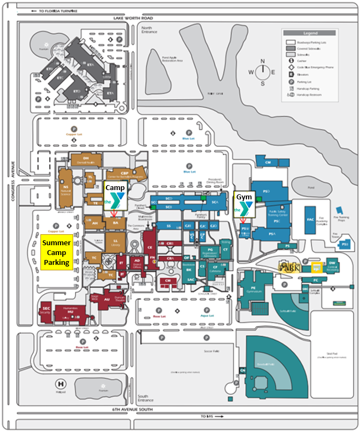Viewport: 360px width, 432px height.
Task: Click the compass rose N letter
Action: (x=263, y=61)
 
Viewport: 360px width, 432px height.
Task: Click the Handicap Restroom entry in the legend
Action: (x=306, y=95)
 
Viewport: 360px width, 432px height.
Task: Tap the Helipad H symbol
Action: (x=60, y=383)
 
